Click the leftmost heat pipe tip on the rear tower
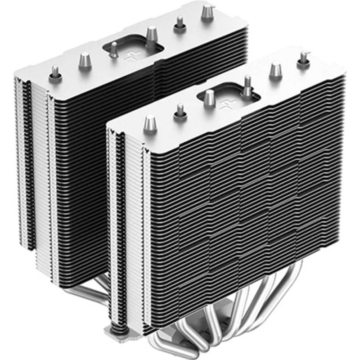point(55,71)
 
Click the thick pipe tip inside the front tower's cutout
point(210,97)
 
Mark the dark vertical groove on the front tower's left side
point(120,225)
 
